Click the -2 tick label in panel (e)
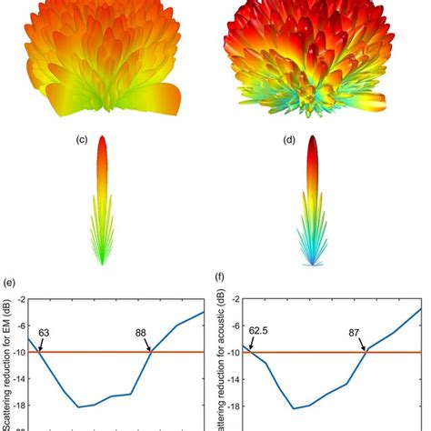click(x=18, y=297)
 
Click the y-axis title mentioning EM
click(x=5, y=364)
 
